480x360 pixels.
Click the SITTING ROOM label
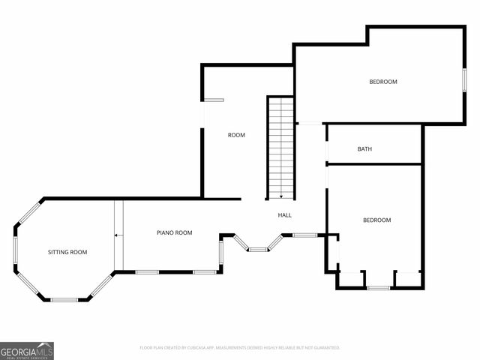coord(67,252)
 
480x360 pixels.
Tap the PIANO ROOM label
coord(174,232)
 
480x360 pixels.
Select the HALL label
coord(285,215)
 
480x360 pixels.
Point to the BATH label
coord(364,149)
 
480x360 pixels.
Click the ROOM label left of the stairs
coord(236,135)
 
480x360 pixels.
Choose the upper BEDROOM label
coord(382,82)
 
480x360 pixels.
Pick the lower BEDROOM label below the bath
coord(376,220)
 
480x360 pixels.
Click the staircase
coord(281,146)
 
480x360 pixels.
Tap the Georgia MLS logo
coord(27,350)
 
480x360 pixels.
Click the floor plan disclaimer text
coord(240,348)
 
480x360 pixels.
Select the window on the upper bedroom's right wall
coord(464,80)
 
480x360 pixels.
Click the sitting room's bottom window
coord(64,300)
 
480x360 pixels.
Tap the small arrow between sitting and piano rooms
coord(118,235)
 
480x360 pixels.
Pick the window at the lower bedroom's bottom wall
coord(378,287)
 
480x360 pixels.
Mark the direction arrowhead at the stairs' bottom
coord(281,196)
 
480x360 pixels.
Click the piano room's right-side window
coord(221,253)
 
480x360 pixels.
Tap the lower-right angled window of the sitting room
coord(102,286)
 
